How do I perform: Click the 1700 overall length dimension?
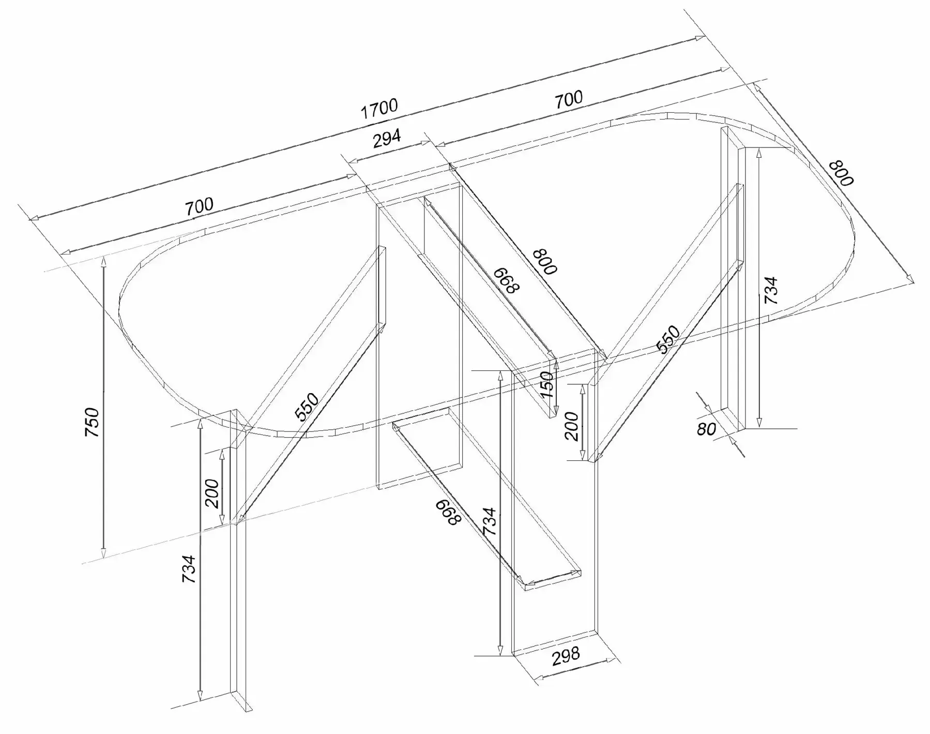click(x=379, y=109)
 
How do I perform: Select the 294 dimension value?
click(x=387, y=139)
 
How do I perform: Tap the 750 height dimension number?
click(x=92, y=422)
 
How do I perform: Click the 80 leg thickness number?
click(x=707, y=429)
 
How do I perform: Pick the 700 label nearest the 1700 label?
click(x=569, y=99)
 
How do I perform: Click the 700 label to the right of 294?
click(x=569, y=99)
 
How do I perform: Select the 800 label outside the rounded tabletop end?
click(x=841, y=173)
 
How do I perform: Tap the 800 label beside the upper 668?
click(x=545, y=261)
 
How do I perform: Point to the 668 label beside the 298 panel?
click(x=448, y=513)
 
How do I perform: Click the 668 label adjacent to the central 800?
click(x=506, y=280)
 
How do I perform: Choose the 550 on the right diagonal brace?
click(x=668, y=339)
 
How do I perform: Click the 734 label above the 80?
click(x=770, y=291)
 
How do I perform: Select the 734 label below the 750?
click(x=189, y=570)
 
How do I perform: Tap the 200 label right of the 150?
click(x=572, y=426)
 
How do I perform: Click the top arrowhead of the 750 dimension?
click(x=103, y=261)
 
